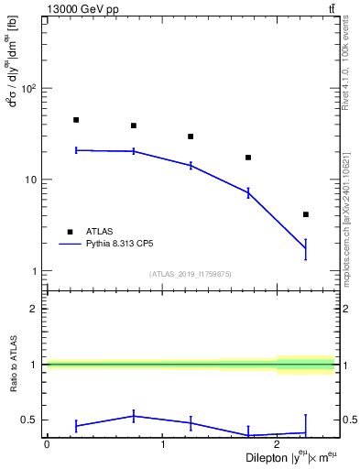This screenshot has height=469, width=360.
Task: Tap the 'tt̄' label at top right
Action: (332, 8)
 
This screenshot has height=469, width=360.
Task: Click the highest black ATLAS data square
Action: (76, 120)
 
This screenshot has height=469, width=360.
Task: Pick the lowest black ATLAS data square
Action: (306, 214)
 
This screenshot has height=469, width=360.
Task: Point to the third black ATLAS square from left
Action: (191, 136)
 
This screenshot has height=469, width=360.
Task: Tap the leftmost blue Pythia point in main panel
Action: (76, 150)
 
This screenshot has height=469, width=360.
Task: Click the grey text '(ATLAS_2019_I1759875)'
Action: (191, 274)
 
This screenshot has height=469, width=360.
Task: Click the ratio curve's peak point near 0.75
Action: (134, 416)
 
